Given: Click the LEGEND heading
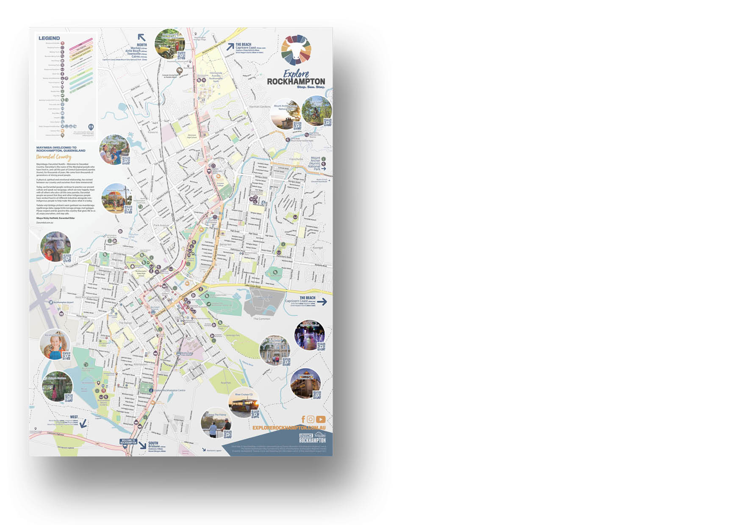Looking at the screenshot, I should click(x=49, y=38).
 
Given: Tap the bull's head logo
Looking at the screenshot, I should click(x=296, y=50).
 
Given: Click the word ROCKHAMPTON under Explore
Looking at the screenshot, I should click(x=296, y=81).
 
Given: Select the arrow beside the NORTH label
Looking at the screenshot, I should click(x=141, y=37).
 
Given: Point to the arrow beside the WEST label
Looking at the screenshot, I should click(x=83, y=423).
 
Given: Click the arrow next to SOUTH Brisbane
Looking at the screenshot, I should click(x=142, y=445).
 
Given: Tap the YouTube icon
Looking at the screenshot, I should click(x=321, y=419).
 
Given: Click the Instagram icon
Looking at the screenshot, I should click(x=311, y=419).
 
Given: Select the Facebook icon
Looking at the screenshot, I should click(x=303, y=419).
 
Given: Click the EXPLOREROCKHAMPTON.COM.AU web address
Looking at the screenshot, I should click(x=289, y=428).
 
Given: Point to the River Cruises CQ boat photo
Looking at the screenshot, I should click(x=243, y=404).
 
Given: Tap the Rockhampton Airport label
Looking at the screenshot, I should click(x=63, y=302).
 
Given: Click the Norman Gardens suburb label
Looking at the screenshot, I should click(x=260, y=107).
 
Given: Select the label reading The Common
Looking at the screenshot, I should click(x=261, y=319).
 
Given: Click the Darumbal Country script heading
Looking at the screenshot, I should click(x=53, y=157).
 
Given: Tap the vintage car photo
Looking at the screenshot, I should click(x=169, y=44).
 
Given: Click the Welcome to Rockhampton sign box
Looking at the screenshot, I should click(x=128, y=442).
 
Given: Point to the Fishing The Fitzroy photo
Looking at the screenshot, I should click(x=215, y=423).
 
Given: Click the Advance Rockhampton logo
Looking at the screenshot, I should click(x=312, y=438).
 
